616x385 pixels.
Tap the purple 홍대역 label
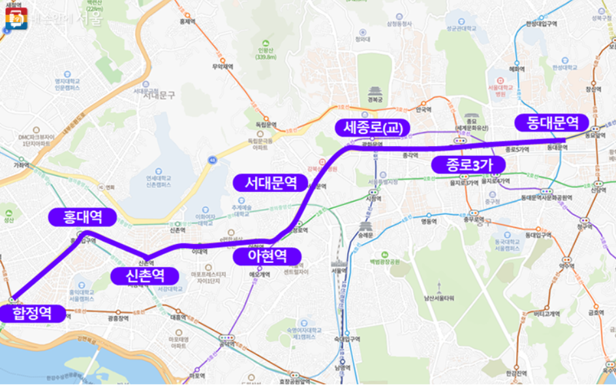(82, 217)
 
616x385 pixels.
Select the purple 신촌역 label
(144, 276)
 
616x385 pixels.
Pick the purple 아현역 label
(267, 256)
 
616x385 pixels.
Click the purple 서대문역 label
(270, 183)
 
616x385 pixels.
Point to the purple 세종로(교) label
(373, 128)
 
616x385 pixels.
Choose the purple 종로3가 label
(468, 165)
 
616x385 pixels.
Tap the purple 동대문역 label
(552, 123)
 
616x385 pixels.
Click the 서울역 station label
(338, 271)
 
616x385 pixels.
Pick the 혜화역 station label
(517, 68)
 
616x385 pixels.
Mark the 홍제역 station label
(187, 21)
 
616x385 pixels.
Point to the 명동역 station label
(427, 221)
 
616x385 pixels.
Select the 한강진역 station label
(516, 373)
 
